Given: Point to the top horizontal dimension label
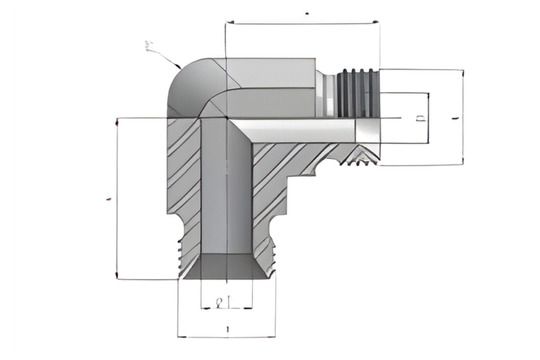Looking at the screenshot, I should [x=305, y=12].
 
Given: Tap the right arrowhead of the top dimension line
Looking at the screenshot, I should [x=376, y=20].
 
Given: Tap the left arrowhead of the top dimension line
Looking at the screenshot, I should [x=229, y=20].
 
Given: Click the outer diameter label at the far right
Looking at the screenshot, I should [x=456, y=117].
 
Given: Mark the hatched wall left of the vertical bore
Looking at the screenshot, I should [x=182, y=180].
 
